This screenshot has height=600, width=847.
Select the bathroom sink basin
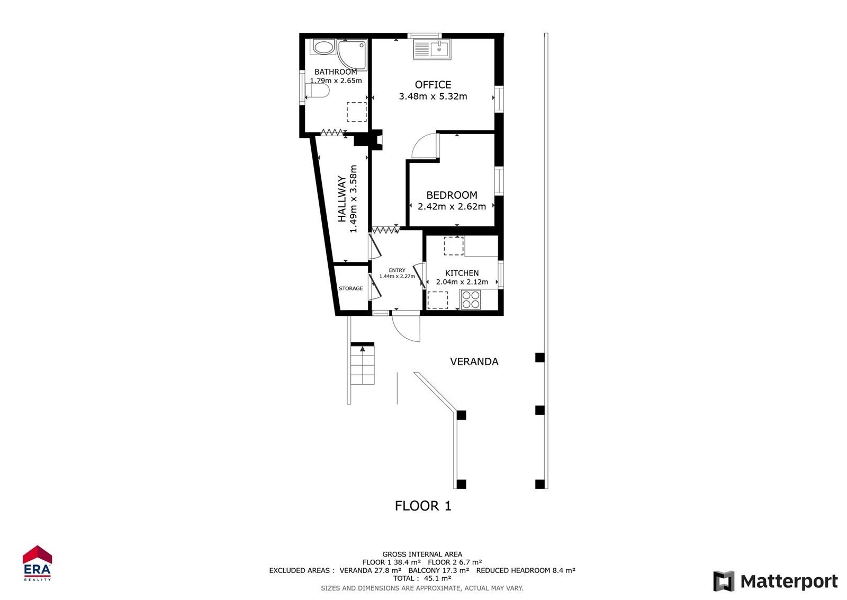(x=322, y=47)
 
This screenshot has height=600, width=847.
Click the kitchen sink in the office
(x=432, y=50)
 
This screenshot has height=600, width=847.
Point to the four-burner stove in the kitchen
(x=471, y=299)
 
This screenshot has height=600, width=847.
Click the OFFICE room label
(x=433, y=85)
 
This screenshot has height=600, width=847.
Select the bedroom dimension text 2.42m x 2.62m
(x=452, y=207)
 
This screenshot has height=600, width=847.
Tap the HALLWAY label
(x=342, y=199)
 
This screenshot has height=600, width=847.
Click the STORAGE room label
(x=351, y=288)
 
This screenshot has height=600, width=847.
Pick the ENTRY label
(x=397, y=270)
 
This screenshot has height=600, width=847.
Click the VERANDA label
(x=474, y=361)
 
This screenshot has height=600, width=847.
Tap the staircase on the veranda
(x=363, y=365)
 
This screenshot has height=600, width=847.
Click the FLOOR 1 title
(x=423, y=506)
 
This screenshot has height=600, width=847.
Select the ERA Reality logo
(x=37, y=563)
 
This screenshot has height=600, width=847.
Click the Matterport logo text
(x=789, y=581)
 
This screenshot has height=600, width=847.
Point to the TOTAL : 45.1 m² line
(x=422, y=579)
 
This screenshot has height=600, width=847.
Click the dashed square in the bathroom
(x=356, y=112)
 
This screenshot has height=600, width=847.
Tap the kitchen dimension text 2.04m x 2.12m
(x=462, y=282)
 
